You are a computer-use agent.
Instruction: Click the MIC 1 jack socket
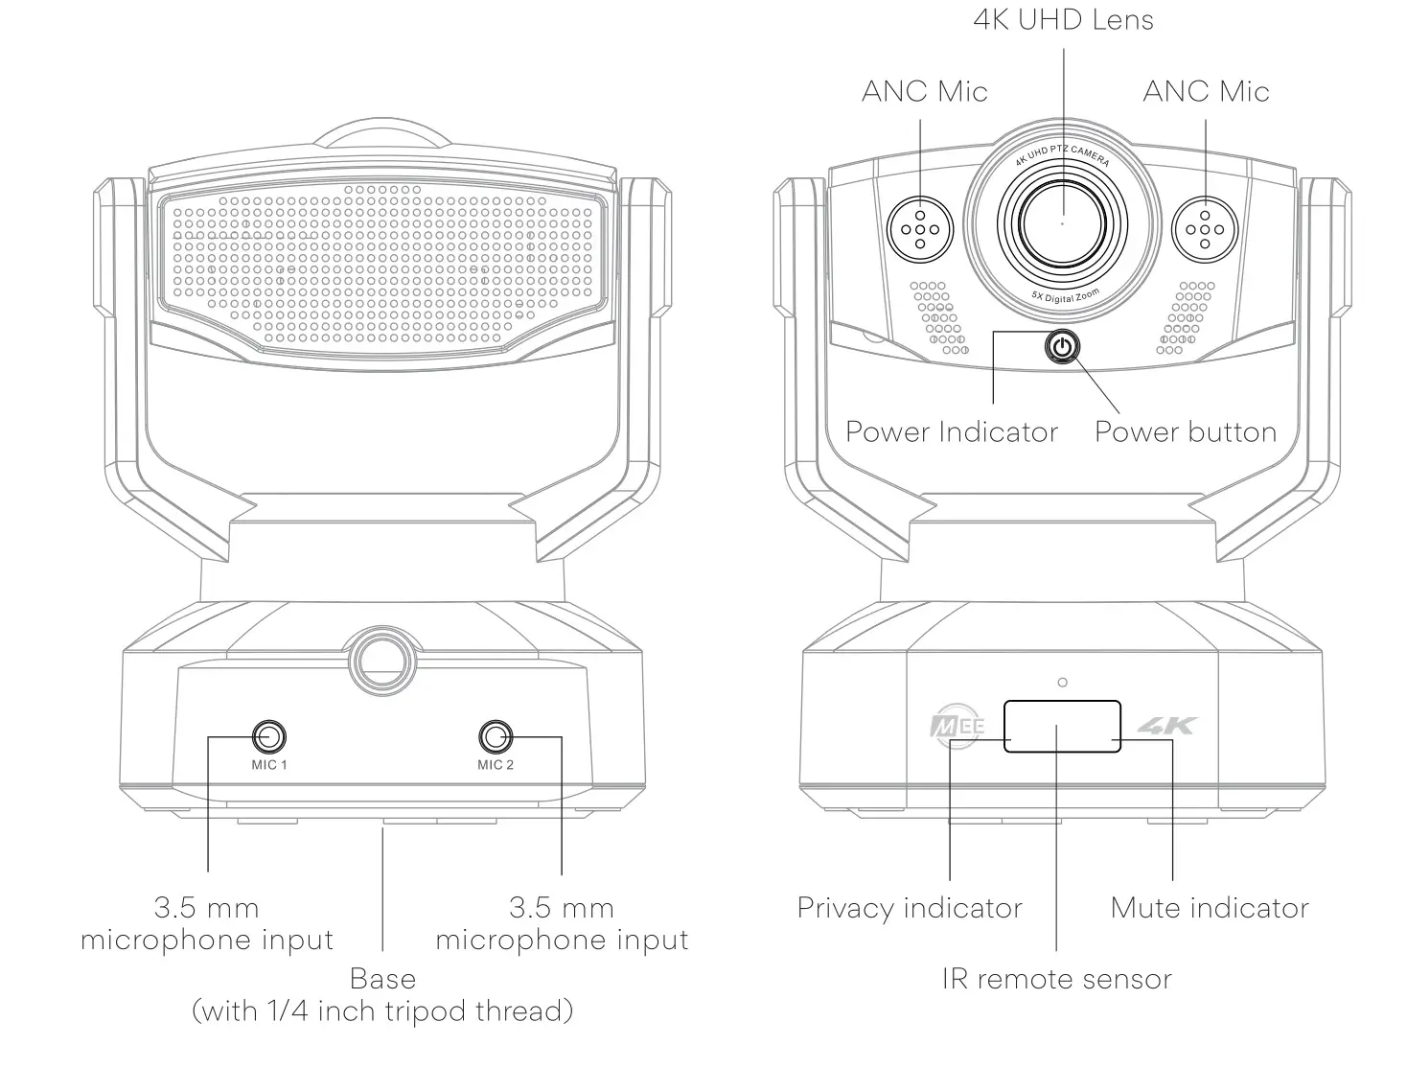[269, 736]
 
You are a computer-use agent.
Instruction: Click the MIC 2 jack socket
[496, 736]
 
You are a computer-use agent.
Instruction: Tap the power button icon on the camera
[1061, 346]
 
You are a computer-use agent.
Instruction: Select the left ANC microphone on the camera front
[920, 229]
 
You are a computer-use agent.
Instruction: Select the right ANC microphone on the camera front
[1206, 229]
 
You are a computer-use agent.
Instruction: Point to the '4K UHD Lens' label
[1063, 19]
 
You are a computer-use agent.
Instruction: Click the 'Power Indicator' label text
[951, 432]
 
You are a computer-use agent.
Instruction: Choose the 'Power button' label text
[1186, 432]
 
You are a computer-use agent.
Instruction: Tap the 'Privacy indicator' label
[910, 908]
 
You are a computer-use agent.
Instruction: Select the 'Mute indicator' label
[1210, 908]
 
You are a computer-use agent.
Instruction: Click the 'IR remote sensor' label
[1056, 979]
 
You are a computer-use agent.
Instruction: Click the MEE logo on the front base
[957, 726]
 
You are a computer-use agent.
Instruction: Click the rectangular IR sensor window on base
[1062, 726]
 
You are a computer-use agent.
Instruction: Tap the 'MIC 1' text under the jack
[269, 765]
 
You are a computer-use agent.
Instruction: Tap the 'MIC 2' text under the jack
[496, 765]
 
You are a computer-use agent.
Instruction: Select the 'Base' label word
[382, 979]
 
